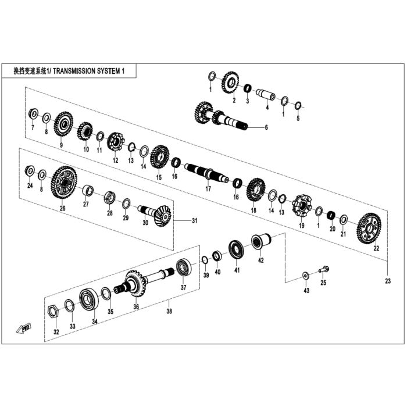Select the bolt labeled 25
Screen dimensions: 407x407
(324, 270)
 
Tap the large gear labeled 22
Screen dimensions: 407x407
(369, 229)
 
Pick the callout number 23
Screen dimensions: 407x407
(388, 281)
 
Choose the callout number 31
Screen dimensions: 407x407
(194, 220)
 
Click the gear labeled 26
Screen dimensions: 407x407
(64, 182)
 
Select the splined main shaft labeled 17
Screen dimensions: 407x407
(206, 173)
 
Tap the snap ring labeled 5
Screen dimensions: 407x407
(298, 105)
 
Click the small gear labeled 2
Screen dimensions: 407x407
(230, 83)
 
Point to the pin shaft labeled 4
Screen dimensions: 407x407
(266, 94)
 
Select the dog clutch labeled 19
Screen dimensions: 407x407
(302, 206)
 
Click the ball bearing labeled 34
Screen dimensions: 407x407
(89, 299)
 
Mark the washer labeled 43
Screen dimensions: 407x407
(305, 276)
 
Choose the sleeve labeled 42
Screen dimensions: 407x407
(261, 242)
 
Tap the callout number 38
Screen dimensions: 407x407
(169, 310)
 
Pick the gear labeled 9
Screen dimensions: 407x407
(63, 124)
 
